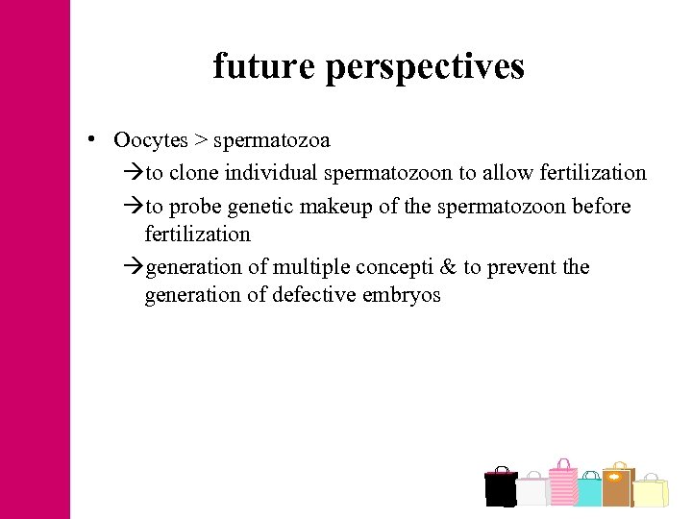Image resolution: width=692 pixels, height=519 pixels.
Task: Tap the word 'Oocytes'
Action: point(151,140)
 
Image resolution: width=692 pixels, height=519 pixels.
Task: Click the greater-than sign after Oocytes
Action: point(200,140)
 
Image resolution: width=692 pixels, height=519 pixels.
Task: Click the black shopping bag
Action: point(501,487)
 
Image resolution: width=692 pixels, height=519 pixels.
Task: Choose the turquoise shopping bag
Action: point(588,489)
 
